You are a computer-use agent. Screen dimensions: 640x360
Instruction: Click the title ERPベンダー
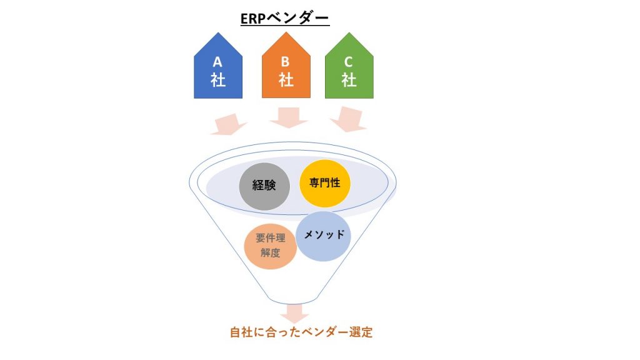click(284, 18)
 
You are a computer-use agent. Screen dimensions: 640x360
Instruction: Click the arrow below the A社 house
click(229, 124)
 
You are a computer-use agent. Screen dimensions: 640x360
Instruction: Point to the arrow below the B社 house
click(289, 118)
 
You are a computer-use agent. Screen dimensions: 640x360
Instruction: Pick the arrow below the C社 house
click(348, 119)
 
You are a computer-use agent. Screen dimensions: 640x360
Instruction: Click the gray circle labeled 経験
click(264, 186)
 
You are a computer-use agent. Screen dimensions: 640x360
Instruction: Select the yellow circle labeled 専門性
click(325, 183)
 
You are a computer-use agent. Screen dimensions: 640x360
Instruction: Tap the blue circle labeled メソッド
click(323, 236)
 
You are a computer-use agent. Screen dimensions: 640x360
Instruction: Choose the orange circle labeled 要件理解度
click(270, 246)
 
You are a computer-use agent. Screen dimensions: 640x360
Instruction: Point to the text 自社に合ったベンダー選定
click(301, 332)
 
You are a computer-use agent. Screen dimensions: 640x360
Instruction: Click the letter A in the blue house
click(217, 62)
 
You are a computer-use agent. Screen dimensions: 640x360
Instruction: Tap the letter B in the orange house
click(285, 62)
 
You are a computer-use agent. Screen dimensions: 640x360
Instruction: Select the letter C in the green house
click(348, 62)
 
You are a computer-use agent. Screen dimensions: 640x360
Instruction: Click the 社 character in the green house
click(349, 80)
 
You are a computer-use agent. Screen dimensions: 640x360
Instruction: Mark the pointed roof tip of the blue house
click(218, 32)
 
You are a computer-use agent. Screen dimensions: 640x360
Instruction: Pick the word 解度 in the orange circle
click(270, 253)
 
